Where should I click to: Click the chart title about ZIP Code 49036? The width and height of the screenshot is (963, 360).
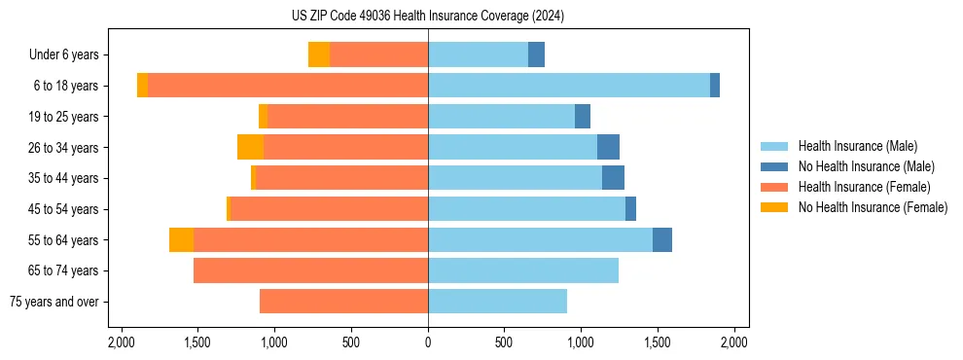pyautogui.click(x=428, y=16)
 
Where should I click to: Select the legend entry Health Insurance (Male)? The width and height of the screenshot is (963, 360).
pyautogui.click(x=852, y=146)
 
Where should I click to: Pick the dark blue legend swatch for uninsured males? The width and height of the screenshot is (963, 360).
pyautogui.click(x=774, y=166)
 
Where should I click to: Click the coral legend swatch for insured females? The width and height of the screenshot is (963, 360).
pyautogui.click(x=774, y=187)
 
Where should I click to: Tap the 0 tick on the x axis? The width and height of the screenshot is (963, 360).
pyautogui.click(x=428, y=342)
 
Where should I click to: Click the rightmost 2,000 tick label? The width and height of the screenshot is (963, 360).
pyautogui.click(x=733, y=342)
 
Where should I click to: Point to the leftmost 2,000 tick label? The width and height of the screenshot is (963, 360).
pyautogui.click(x=121, y=342)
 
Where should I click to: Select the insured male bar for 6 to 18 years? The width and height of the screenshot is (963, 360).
pyautogui.click(x=569, y=86)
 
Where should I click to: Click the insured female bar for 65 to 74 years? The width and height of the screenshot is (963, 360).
pyautogui.click(x=311, y=270)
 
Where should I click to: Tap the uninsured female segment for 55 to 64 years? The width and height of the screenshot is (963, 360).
pyautogui.click(x=181, y=239)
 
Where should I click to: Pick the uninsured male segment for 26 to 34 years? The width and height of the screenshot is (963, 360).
pyautogui.click(x=608, y=147)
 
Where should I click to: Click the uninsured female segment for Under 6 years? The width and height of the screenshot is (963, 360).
pyautogui.click(x=319, y=54)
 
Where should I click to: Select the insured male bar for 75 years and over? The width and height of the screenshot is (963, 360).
pyautogui.click(x=497, y=302)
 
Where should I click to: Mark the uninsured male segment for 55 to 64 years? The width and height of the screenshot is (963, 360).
pyautogui.click(x=661, y=239)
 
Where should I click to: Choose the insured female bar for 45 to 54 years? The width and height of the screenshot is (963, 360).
pyautogui.click(x=329, y=209)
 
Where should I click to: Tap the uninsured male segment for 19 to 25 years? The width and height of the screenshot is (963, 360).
pyautogui.click(x=582, y=117)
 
